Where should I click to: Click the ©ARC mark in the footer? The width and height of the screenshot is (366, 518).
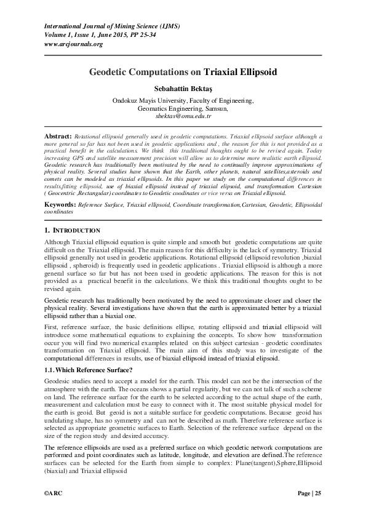(x=54, y=493)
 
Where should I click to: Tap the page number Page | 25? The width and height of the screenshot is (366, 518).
(x=309, y=493)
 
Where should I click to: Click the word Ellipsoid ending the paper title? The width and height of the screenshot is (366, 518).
(x=255, y=72)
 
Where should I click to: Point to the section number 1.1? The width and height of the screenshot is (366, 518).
(x=52, y=369)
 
